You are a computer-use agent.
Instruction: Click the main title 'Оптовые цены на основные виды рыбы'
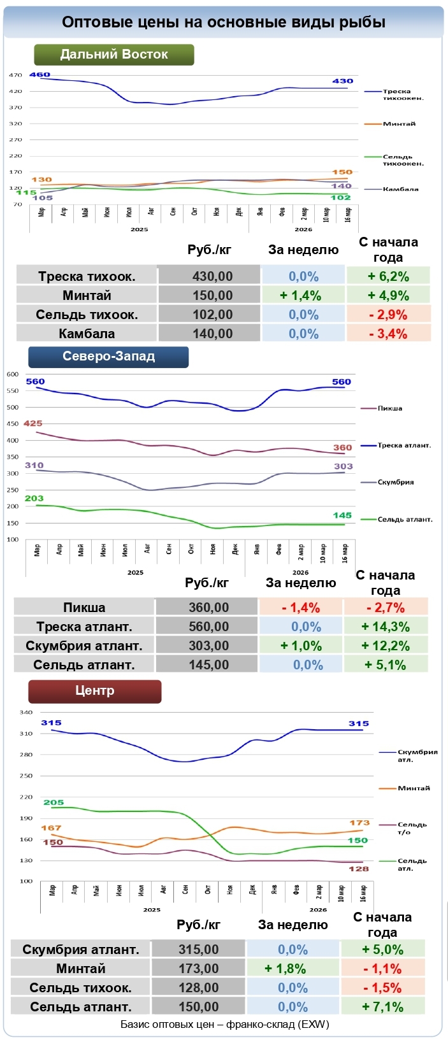point(224,22)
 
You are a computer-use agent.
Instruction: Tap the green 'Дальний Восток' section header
point(114,55)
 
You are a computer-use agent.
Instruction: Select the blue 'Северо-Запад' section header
point(108,357)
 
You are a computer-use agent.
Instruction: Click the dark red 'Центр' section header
point(95,691)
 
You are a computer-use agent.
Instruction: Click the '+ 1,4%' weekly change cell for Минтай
point(303,296)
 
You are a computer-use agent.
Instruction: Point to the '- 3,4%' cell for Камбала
point(388,334)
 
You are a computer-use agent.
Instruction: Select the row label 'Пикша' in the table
point(84,608)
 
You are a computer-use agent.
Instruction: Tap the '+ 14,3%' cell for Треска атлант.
point(386,627)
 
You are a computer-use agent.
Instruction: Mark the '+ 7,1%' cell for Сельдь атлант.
point(382,1007)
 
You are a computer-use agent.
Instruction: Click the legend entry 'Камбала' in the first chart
point(400,189)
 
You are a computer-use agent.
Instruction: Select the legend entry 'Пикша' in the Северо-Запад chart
point(389,408)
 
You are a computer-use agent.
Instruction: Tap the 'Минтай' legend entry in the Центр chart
point(414,788)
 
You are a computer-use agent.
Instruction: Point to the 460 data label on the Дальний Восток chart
point(40,75)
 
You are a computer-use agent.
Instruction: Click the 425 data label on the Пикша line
point(33,424)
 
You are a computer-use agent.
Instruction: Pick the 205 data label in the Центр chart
point(54,802)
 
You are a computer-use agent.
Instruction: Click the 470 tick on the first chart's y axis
point(15,75)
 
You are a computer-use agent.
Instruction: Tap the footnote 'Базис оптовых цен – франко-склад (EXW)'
point(224,1025)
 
